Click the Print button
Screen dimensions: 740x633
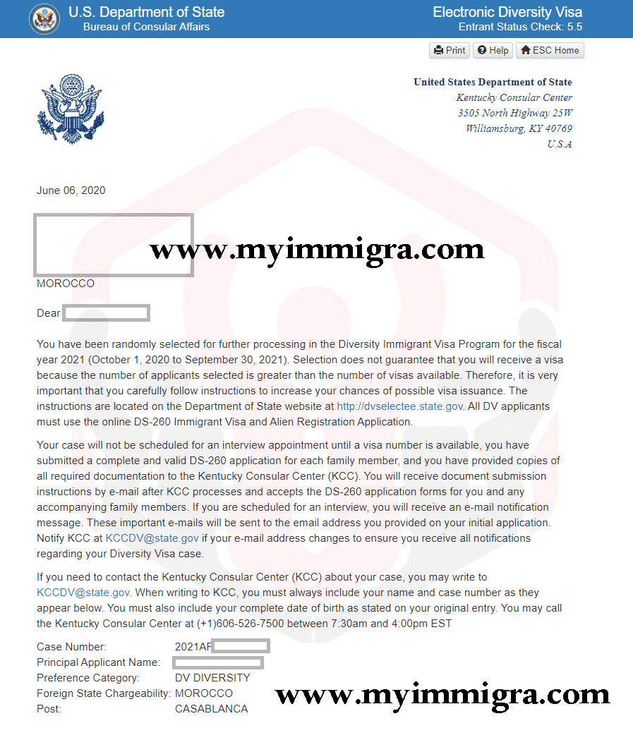pos(450,50)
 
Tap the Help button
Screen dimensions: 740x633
pos(493,50)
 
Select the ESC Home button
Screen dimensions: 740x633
pos(550,50)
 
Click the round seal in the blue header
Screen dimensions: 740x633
pos(44,19)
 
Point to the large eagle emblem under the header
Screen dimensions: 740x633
pos(70,109)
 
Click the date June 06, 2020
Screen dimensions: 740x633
pos(71,190)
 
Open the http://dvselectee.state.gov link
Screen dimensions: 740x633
pos(400,406)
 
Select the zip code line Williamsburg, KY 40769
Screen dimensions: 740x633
pos(519,128)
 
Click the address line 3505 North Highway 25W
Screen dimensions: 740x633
pos(515,113)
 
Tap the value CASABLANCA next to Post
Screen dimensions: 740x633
pos(211,709)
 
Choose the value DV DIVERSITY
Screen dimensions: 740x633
pos(212,678)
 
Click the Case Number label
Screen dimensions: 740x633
pos(71,647)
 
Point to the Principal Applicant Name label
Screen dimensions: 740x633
pos(98,662)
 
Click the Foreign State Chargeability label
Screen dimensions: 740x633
pos(103,693)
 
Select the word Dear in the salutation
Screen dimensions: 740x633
pos(49,313)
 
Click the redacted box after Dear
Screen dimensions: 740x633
pos(106,313)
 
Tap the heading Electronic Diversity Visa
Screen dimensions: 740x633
pos(507,12)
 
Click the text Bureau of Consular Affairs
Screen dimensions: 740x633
pos(146,27)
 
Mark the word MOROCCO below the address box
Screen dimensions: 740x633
pos(66,284)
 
